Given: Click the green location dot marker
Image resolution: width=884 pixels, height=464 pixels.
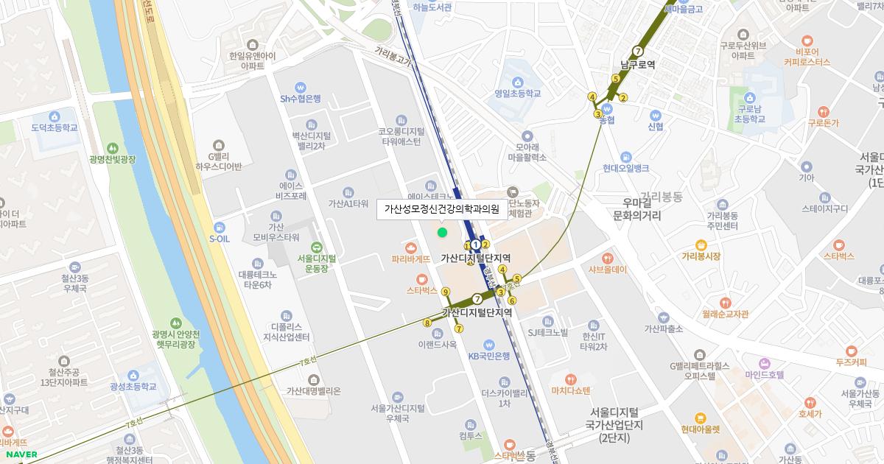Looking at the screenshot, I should point(442,233).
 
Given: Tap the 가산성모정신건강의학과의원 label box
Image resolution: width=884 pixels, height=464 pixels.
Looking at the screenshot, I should point(442,209).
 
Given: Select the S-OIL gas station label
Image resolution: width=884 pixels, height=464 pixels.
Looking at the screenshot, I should point(220,238).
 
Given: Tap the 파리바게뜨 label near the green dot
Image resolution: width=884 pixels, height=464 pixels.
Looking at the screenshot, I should point(411,259).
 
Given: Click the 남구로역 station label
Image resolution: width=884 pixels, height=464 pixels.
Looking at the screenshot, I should point(637,64).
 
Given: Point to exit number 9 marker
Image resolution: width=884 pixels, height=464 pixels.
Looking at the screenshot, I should point(445,292).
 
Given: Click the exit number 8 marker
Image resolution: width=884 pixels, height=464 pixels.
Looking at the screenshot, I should point(427,323).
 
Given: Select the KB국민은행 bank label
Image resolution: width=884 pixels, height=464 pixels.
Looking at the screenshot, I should point(488,356).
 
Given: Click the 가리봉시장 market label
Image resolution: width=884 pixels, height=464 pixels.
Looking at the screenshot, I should point(700,256).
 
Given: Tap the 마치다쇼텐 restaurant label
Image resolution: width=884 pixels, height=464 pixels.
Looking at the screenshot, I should point(571,390).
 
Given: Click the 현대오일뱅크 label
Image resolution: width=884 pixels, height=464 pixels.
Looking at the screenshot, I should point(625,168).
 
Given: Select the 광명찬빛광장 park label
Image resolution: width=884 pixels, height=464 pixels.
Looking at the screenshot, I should point(112,158).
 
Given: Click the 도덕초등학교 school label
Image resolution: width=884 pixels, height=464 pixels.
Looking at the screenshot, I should point(54,127).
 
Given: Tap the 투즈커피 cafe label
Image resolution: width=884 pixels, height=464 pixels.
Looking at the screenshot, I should point(851,362).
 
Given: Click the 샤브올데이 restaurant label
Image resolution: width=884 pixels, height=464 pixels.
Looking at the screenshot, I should point(607,269).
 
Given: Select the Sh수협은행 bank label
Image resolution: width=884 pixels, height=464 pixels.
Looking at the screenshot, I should point(300,98).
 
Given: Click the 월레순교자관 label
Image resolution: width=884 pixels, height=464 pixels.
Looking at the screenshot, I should point(725,313).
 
